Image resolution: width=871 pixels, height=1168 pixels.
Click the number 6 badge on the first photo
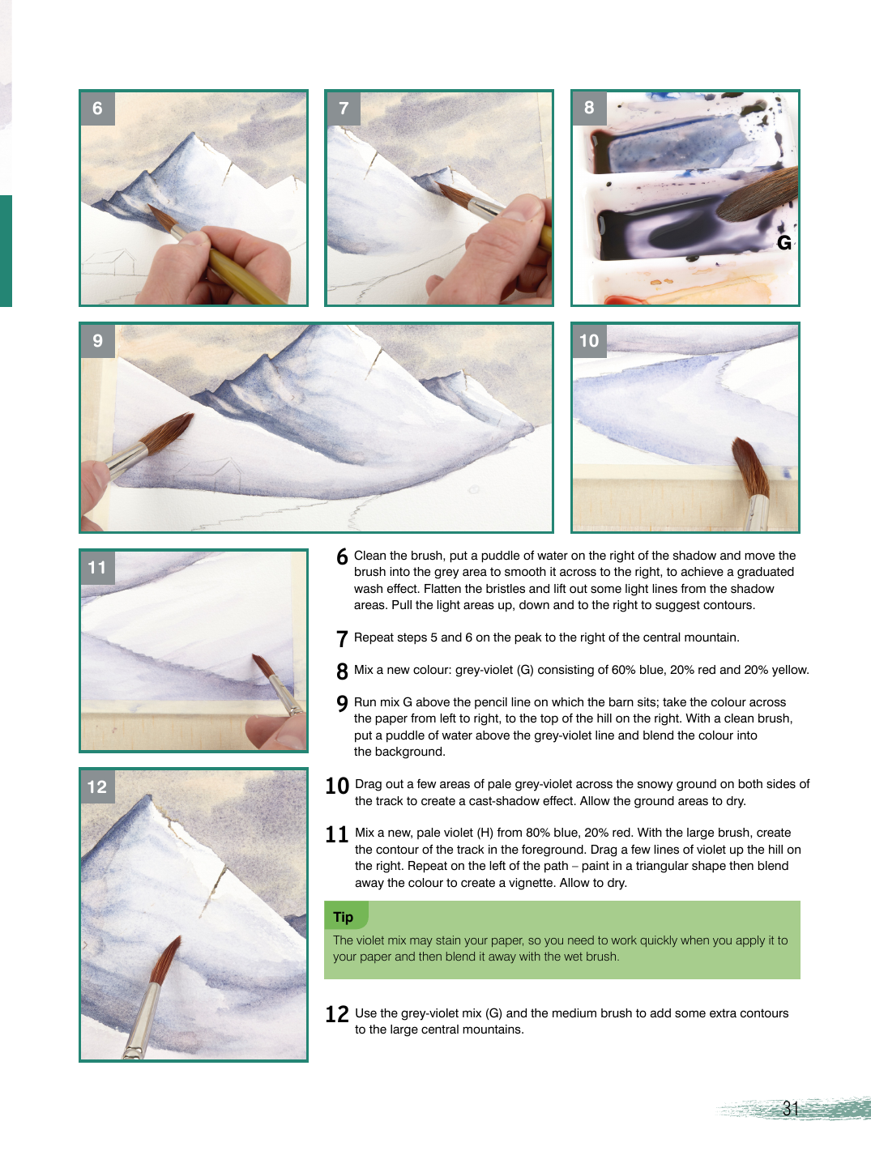98,109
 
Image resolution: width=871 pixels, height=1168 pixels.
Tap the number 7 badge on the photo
344,109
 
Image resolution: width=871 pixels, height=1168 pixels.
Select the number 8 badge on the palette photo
590,108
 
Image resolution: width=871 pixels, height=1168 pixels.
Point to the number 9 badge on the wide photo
98,340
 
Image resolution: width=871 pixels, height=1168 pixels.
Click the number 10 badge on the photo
590,340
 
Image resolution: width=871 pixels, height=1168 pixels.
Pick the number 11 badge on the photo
98,568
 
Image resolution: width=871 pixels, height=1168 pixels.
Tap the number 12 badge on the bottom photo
98,786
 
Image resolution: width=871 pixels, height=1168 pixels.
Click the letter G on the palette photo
783,243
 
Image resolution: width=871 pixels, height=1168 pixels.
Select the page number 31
791,1108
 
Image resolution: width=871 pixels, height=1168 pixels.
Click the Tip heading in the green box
344,917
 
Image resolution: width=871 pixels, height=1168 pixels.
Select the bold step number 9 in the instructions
342,703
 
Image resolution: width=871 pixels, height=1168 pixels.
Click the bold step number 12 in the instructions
337,1014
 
